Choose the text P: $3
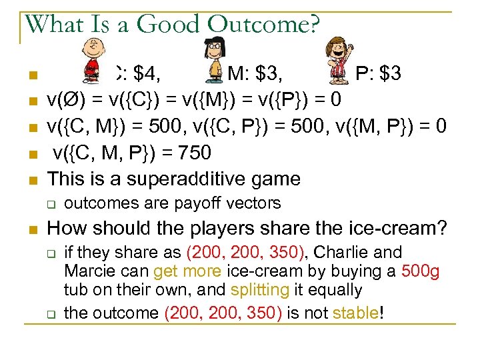[377, 73]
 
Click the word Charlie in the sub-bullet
[353, 253]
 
